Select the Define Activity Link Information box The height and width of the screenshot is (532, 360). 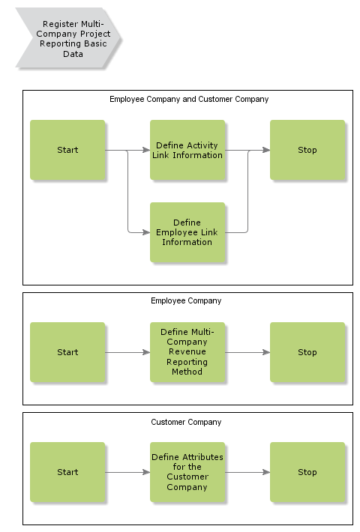point(187,150)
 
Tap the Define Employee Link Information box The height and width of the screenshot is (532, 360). point(187,232)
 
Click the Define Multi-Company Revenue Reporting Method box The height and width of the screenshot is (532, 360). point(187,352)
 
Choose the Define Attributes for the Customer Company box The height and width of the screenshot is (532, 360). point(187,472)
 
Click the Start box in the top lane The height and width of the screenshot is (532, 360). point(67,150)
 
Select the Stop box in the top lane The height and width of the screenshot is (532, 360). point(307,150)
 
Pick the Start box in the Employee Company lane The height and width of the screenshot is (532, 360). point(67,352)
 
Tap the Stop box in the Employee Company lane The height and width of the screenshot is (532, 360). point(307,352)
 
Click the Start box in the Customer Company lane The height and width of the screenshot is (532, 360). point(67,472)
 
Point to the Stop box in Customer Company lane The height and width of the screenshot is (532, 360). point(307,472)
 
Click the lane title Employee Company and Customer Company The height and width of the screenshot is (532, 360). point(188,99)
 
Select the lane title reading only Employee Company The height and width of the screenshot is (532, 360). point(186,300)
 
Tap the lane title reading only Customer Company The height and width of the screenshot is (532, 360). point(186,422)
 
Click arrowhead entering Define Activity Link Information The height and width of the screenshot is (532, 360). point(146,150)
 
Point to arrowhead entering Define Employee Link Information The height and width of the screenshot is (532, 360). point(146,232)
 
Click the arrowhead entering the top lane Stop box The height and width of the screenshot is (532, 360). point(266,150)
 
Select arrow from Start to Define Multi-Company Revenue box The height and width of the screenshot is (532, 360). point(127,352)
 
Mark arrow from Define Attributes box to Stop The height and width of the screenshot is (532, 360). point(247,472)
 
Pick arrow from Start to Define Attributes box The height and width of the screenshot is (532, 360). point(127,472)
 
